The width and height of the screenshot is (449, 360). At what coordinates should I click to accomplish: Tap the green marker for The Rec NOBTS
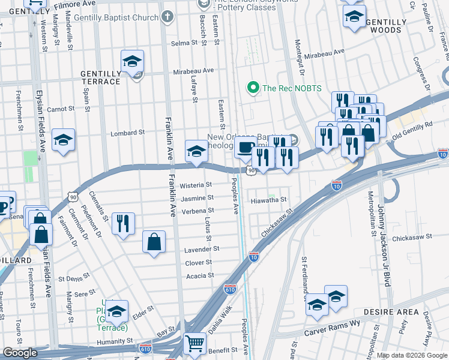pos(253,88)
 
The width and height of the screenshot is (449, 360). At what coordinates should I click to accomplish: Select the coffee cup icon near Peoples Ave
pos(244,148)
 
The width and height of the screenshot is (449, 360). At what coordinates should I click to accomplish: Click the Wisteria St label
pos(200,185)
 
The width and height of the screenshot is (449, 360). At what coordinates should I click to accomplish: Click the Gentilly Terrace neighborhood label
pos(100,77)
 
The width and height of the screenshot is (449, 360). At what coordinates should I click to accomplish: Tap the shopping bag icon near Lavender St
pos(154,242)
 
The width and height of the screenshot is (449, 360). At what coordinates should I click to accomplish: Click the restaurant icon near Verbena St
pos(123,224)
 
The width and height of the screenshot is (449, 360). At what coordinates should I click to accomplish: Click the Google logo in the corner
pos(20,353)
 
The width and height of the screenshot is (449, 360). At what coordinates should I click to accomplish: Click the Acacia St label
pos(200,276)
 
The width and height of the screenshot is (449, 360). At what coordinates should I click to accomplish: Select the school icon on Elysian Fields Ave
pos(63,140)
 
